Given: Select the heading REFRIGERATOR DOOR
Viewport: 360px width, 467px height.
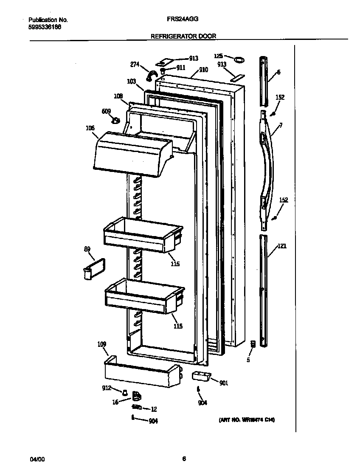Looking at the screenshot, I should tap(183, 37).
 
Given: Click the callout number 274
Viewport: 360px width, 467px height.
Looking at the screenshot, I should tap(135, 65).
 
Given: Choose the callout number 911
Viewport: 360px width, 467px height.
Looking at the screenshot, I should tap(181, 68).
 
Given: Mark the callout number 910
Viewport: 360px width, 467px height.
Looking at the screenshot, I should tap(203, 70).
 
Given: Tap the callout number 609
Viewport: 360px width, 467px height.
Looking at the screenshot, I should tap(106, 112).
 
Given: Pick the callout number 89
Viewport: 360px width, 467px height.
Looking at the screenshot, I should tap(87, 250).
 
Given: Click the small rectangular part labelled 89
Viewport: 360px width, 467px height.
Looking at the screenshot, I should tap(94, 268).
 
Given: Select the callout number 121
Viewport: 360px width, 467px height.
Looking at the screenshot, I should tap(282, 245).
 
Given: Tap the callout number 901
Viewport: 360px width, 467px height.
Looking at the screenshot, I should tap(223, 383).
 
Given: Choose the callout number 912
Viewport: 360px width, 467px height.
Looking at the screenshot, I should tap(106, 388).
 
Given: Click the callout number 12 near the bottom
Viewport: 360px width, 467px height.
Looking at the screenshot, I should tap(154, 409).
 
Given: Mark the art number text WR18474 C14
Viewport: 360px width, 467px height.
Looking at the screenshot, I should tap(247, 420).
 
